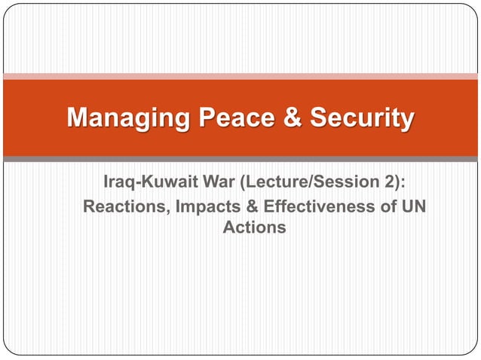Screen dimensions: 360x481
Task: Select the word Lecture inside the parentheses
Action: pyautogui.click(x=267, y=183)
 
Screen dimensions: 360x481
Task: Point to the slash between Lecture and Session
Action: pyautogui.click(x=299, y=183)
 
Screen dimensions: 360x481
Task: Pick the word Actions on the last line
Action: pyautogui.click(x=254, y=227)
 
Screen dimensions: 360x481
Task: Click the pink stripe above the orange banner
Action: pyautogui.click(x=240, y=76)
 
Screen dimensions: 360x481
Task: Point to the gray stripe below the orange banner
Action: pyautogui.click(x=240, y=159)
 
